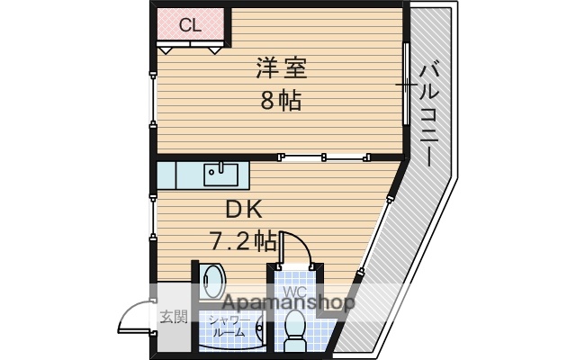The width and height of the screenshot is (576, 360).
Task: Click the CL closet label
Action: tap(190, 25)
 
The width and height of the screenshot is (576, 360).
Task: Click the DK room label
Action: tap(243, 210)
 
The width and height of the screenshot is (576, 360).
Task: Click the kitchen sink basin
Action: tap(219, 171)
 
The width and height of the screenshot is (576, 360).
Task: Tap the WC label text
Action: tap(296, 293)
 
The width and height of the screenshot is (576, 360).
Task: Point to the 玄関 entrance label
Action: tap(174, 316)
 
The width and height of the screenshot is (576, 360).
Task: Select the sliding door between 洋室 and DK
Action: tap(324, 157)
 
